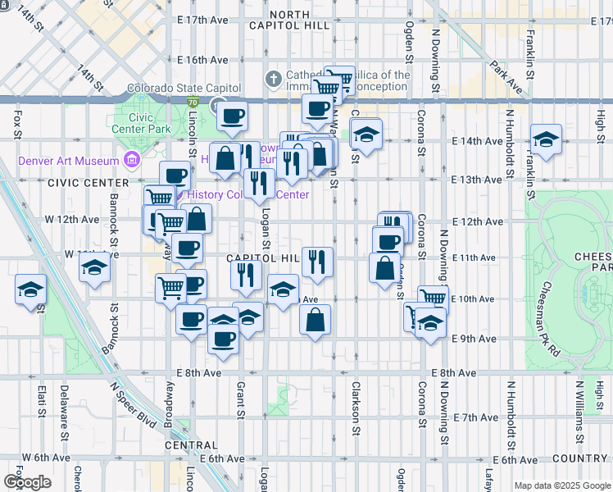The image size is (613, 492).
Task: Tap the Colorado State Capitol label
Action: coord(184,88)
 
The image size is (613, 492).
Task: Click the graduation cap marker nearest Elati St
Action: coord(30,290)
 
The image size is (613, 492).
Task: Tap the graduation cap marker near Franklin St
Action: coord(546,140)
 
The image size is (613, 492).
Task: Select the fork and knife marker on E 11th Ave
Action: coord(317,262)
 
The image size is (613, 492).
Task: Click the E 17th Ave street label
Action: coord(202,19)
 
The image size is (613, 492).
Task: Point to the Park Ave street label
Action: coord(508,73)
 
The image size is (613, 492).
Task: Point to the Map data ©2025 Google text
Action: coord(561,485)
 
